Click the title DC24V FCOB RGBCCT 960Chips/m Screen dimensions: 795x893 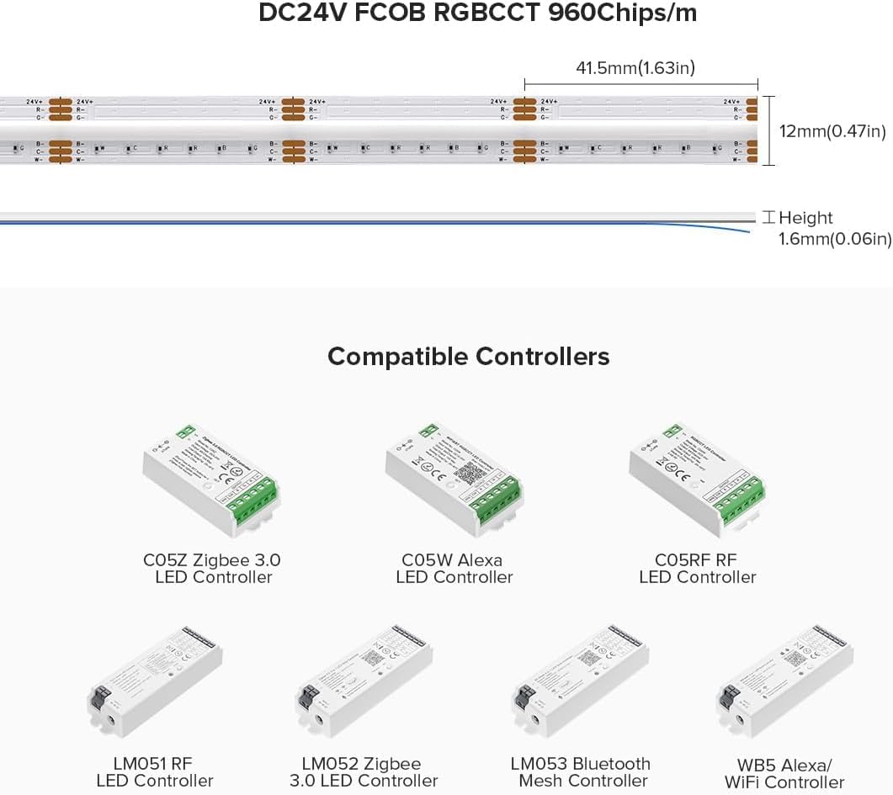tap(477, 14)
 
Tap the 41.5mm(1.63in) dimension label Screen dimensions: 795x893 tap(635, 68)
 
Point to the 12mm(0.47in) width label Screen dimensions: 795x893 tap(832, 130)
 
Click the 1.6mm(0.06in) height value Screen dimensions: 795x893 tap(835, 239)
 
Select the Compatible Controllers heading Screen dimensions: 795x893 tap(468, 356)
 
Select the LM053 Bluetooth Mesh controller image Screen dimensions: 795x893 tap(581, 679)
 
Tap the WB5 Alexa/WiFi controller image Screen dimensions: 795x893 tap(784, 681)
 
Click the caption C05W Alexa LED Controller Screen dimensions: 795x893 tap(454, 569)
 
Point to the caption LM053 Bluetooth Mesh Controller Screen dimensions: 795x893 tap(581, 772)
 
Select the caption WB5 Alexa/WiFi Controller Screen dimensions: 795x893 tap(784, 773)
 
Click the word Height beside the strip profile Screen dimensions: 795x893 tap(805, 218)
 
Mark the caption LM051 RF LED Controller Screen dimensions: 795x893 tap(155, 772)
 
